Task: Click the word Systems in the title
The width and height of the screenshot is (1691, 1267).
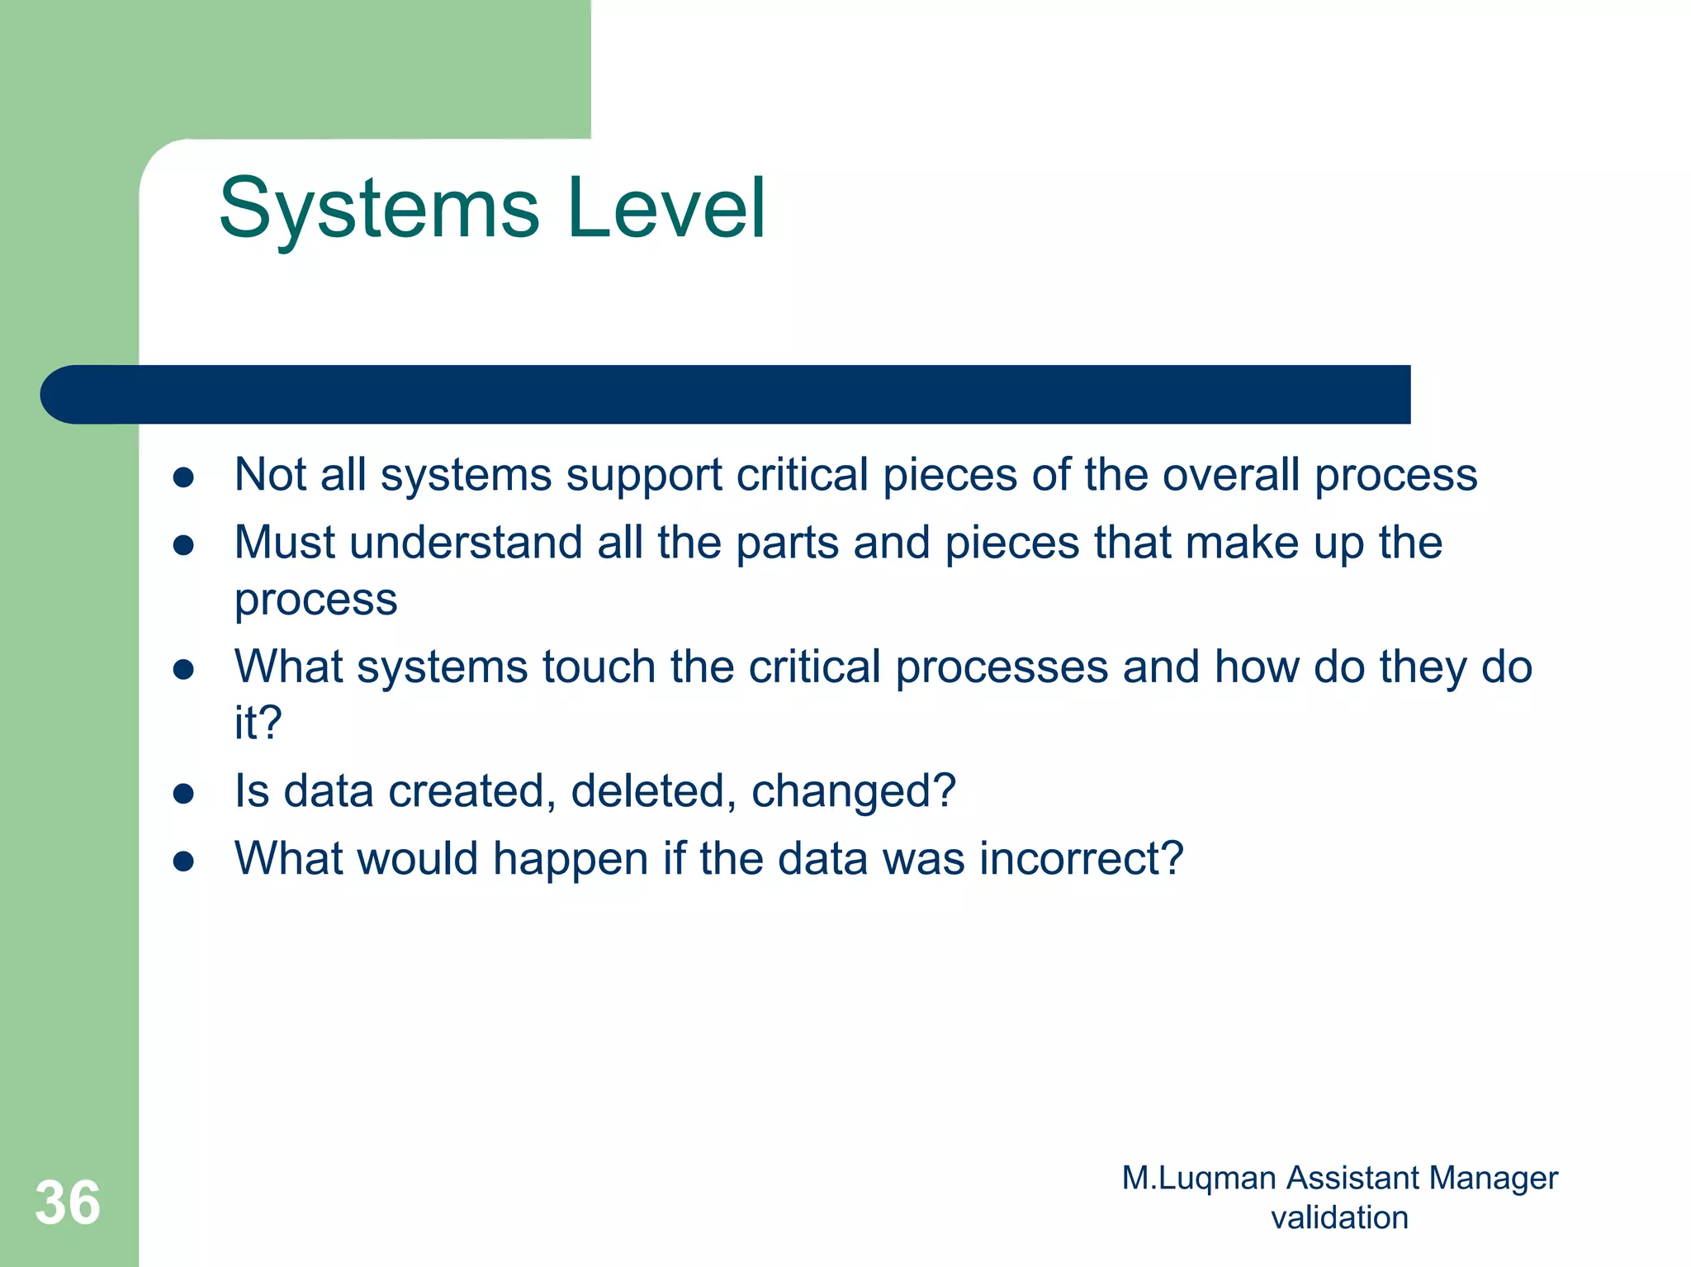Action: pos(380,211)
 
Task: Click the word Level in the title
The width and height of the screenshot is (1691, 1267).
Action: pos(667,209)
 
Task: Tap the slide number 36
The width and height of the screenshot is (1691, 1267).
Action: pos(68,1203)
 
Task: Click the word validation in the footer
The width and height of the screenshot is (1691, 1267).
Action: pos(1339,1217)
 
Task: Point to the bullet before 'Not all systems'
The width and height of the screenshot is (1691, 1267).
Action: pos(183,477)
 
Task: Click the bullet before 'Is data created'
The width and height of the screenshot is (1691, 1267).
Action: pos(183,793)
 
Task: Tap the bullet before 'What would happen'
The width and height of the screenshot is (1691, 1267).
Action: pos(183,861)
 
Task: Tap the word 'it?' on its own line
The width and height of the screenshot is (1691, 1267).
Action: pos(258,723)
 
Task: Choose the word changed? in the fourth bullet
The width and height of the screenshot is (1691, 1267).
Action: pos(853,791)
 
